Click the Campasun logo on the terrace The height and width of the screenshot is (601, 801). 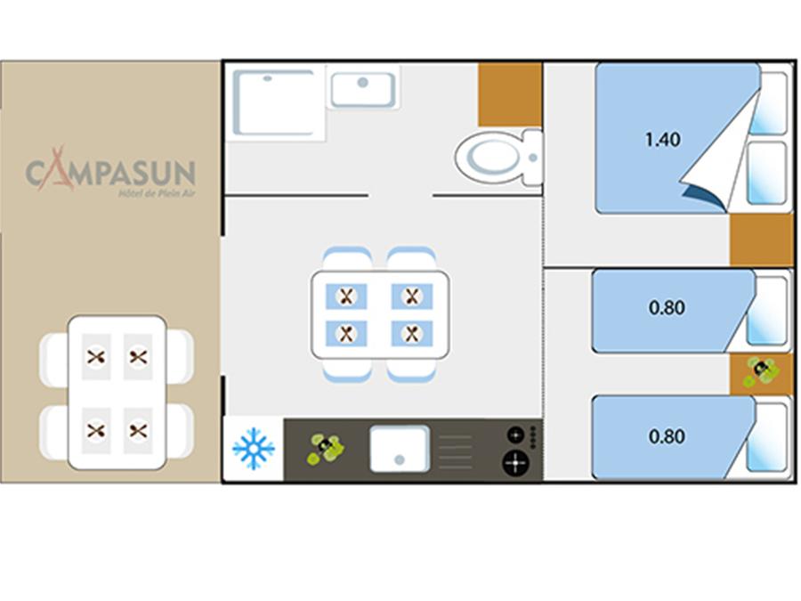[x=111, y=171]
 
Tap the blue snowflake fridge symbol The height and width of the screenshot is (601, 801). [x=254, y=449]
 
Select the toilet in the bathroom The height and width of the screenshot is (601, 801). [x=498, y=158]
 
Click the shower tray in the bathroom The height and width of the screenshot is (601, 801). [x=274, y=103]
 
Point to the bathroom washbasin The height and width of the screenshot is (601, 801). [x=363, y=89]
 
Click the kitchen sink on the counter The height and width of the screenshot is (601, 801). [x=400, y=449]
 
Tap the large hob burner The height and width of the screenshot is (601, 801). [x=515, y=462]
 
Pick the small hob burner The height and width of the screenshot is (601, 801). [x=515, y=435]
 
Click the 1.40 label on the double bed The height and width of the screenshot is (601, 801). [x=662, y=139]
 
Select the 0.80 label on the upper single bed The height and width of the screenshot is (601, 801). [x=667, y=308]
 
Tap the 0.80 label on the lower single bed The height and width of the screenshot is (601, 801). [x=667, y=436]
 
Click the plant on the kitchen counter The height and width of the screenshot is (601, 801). [x=326, y=449]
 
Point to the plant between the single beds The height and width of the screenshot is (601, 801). [x=761, y=371]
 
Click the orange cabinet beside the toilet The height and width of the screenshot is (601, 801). [x=510, y=94]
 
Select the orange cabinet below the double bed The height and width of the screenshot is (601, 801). [x=761, y=240]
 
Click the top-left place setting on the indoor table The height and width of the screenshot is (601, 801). [x=346, y=296]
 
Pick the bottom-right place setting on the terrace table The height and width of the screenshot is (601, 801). [x=138, y=430]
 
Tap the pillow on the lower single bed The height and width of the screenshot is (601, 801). [x=766, y=437]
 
